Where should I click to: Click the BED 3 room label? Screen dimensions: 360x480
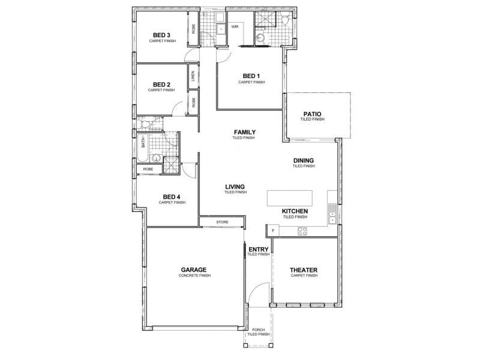tap(161, 35)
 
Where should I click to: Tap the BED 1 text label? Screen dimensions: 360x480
tap(251, 76)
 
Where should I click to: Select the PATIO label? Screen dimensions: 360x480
tap(312, 113)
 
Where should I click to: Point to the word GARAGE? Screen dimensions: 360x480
tap(193, 270)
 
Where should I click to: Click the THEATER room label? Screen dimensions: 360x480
tap(304, 270)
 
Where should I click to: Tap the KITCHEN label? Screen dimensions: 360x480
tap(295, 211)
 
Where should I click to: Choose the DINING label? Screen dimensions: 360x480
tap(304, 160)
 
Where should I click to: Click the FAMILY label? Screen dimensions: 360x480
tap(245, 132)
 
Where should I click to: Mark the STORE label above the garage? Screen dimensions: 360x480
tap(222, 223)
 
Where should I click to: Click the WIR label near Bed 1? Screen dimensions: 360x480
tap(235, 27)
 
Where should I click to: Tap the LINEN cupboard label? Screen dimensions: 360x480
tap(193, 77)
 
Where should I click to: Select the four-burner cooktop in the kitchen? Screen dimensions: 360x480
tap(302, 231)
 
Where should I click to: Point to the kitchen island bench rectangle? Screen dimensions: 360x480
tap(290, 197)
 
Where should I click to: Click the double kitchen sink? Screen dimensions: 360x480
tap(332, 212)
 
